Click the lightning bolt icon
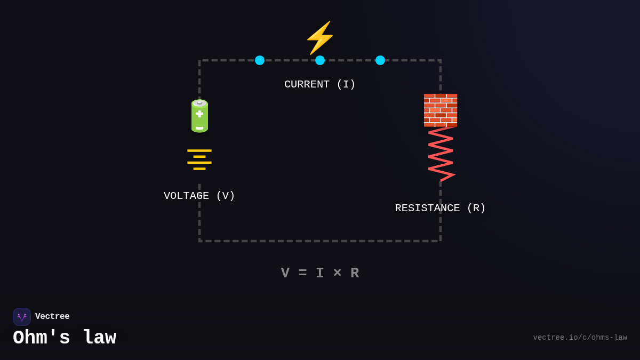(x=319, y=37)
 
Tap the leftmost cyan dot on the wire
(x=260, y=60)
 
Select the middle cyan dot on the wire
(x=320, y=60)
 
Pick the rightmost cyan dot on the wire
(x=380, y=60)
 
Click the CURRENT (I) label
(x=320, y=84)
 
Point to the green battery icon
(x=199, y=116)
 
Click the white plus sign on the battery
(x=199, y=114)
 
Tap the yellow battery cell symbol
(x=199, y=159)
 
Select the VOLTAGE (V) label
(x=199, y=196)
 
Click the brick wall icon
(x=441, y=110)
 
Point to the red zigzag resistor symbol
(x=441, y=154)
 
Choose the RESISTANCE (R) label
(x=441, y=208)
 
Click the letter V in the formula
(x=285, y=273)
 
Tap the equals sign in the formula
(x=302, y=273)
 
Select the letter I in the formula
(x=320, y=273)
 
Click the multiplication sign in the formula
(x=337, y=273)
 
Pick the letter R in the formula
(x=355, y=273)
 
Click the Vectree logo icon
(x=22, y=317)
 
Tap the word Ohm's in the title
(x=42, y=338)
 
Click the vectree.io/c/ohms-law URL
(x=580, y=338)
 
